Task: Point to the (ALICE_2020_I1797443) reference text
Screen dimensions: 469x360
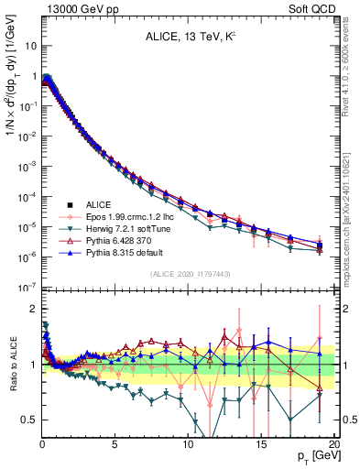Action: [x=188, y=274]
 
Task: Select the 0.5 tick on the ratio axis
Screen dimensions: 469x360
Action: [x=28, y=420]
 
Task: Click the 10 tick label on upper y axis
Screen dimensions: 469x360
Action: [x=28, y=44]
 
